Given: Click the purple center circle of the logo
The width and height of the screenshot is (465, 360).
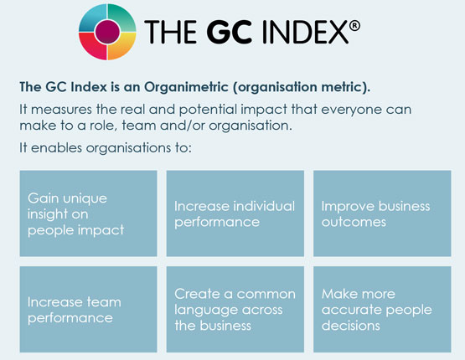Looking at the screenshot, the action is pos(107,32).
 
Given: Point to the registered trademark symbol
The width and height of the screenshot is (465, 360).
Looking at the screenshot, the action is pos(354,26).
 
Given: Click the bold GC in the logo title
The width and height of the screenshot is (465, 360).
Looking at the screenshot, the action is pos(230,32).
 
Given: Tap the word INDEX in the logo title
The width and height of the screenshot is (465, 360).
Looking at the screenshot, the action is pos(305,32).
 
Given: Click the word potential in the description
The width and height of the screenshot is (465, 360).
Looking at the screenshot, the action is pos(208,110).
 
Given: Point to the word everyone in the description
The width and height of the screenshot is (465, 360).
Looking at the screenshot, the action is pos(351,110).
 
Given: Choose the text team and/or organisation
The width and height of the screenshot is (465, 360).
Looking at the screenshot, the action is pos(207,126).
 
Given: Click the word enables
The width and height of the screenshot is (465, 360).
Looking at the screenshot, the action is pos(56,147).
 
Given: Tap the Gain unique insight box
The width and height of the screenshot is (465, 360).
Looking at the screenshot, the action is pos(88,213).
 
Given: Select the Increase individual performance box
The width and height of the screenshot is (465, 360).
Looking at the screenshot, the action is pos(235,213).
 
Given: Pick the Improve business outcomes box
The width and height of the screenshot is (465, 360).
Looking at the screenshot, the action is pos(382,213).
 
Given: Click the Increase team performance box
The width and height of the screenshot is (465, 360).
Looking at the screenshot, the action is pos(88,309).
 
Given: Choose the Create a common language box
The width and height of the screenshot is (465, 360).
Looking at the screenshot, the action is pos(235,309).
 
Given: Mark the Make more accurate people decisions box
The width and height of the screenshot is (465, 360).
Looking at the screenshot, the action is pos(382,309).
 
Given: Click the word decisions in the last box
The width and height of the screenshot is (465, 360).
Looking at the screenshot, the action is pos(351,326).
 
